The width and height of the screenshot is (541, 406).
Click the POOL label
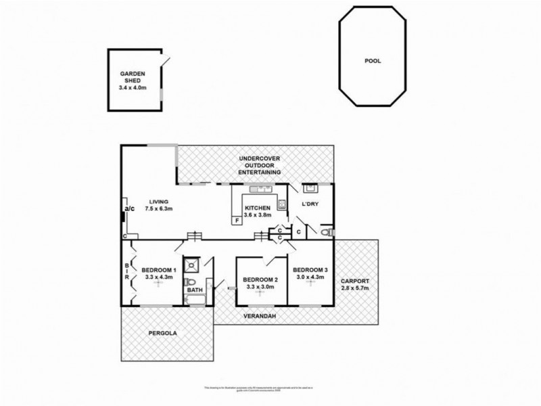click(373, 60)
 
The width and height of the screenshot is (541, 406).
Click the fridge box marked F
click(237, 220)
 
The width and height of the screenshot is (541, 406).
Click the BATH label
click(195, 291)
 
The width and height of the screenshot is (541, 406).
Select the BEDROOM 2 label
click(260, 280)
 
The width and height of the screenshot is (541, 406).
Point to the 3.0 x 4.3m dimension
click(310, 277)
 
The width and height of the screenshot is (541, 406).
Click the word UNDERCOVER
click(261, 158)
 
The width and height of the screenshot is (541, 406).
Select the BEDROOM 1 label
click(160, 271)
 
